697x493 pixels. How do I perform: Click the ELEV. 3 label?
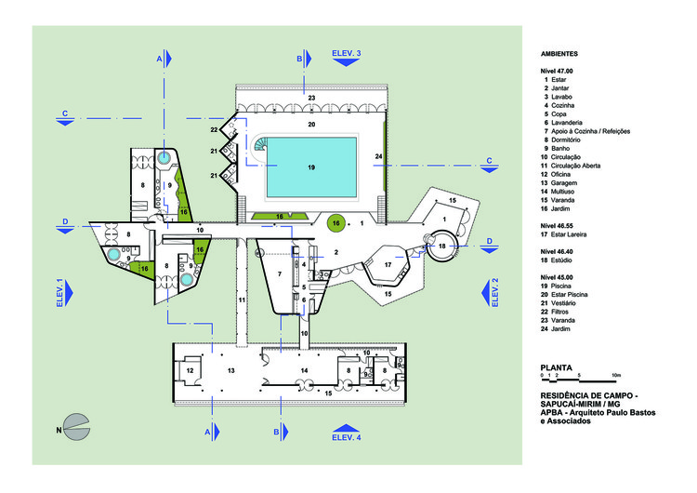[346, 55]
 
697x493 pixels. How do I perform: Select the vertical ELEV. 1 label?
[59, 293]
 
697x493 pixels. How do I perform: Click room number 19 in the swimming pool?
[311, 167]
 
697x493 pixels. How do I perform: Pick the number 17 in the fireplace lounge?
[388, 265]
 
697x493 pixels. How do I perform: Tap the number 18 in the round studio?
[442, 245]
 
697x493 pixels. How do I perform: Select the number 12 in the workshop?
[190, 370]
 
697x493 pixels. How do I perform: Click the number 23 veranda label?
[312, 97]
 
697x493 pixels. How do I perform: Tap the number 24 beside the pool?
[378, 156]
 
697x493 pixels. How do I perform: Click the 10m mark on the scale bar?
[615, 374]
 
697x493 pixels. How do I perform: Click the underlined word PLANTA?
[557, 366]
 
